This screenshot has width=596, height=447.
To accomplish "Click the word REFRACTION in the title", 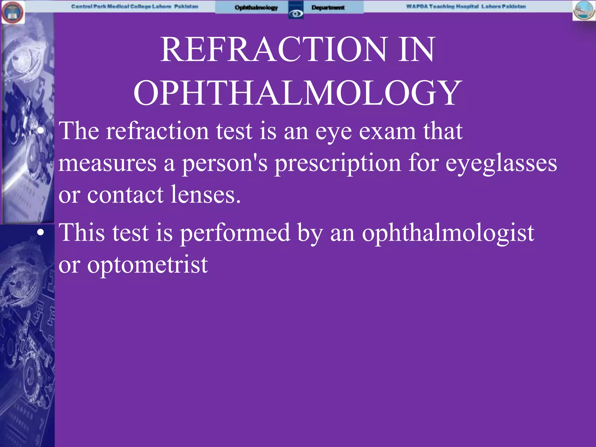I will pos(274,49).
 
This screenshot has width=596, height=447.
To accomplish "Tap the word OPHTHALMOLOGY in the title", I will pos(297,93).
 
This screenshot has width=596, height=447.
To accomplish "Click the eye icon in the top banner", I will pos(296,13).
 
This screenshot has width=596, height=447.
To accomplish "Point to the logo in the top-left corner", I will pos(13,12).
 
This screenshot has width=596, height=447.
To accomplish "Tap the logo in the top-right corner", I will pos(584,10).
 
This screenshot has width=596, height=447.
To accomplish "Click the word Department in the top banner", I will pos(328,8).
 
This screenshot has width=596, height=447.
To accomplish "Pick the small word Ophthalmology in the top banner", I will pos(256,8).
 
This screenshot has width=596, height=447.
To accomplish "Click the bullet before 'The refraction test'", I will pos(41,131).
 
